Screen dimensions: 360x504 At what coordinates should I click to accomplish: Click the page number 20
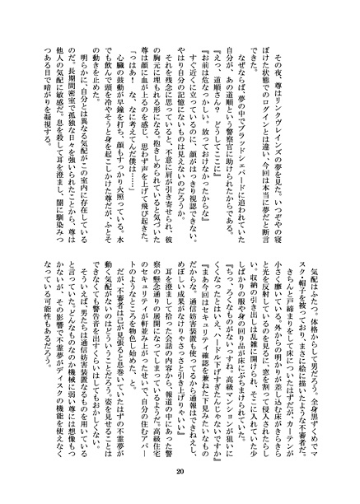pyautogui.click(x=180, y=471)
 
